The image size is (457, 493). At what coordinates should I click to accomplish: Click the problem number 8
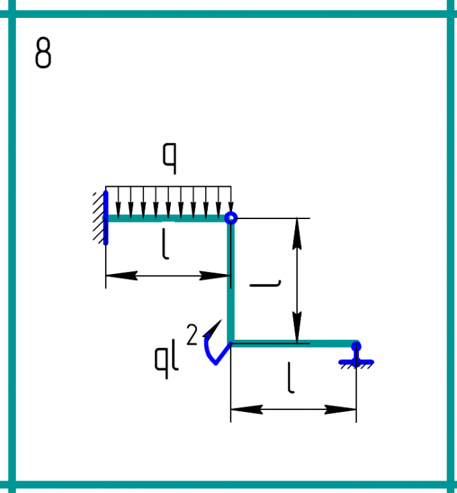coord(43,54)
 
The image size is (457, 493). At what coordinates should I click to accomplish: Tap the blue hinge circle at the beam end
coord(231,218)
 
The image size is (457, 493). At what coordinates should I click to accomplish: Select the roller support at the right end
coord(356,354)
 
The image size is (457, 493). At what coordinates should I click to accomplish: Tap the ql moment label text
coord(167,357)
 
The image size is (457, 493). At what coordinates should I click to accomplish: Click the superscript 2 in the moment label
coord(192,335)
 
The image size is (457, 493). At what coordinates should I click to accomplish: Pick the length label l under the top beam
coord(165,244)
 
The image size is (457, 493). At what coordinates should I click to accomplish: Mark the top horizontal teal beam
coord(168,218)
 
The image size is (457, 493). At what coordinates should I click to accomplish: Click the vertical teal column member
coord(231,282)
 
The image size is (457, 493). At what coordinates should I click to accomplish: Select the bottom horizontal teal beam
coord(294,343)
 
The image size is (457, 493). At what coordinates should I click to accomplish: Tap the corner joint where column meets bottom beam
coord(231,343)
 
